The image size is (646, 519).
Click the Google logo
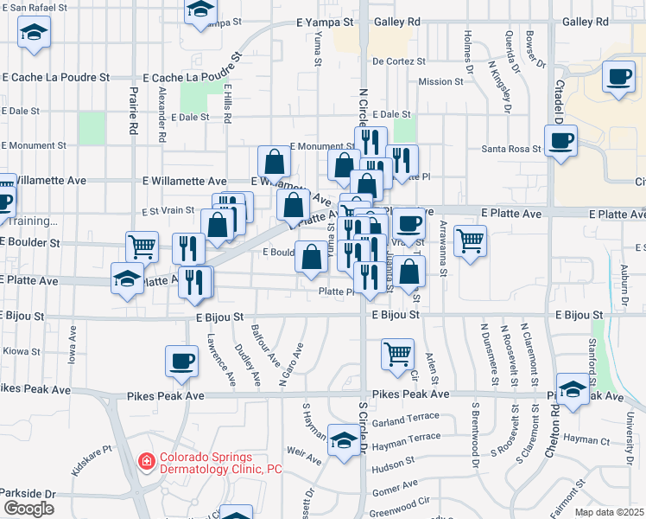[x=28, y=508]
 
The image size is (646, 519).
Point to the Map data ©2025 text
[x=610, y=512]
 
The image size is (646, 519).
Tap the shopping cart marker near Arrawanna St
[x=469, y=241]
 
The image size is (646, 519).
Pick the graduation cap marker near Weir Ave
[x=344, y=440]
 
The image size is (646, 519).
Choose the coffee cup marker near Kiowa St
[x=180, y=362]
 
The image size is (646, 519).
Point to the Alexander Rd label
[x=161, y=113]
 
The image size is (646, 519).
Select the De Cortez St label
[x=399, y=62]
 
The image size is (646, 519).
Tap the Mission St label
[x=440, y=82]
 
